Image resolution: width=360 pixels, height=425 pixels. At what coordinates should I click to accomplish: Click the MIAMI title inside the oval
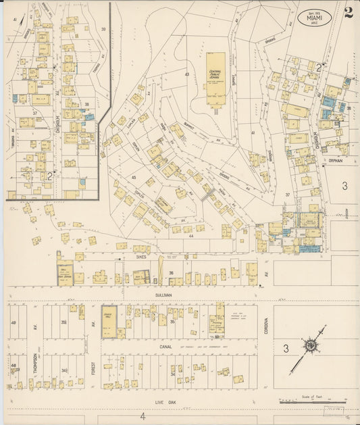[x=315, y=16]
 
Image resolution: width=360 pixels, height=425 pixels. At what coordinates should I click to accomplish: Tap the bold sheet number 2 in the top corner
[x=348, y=13]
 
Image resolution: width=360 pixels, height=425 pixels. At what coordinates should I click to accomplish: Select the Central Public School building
[x=216, y=79]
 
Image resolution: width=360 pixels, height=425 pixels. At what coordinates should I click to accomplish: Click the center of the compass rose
[x=311, y=345]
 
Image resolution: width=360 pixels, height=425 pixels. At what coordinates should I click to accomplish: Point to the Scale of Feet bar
[x=313, y=403]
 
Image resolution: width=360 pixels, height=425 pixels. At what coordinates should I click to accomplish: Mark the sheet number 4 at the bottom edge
[x=143, y=416]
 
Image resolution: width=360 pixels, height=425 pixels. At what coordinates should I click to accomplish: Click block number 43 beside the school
[x=186, y=74]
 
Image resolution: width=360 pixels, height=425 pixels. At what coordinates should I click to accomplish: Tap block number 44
[x=192, y=236]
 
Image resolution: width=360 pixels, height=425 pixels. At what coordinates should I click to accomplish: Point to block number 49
[x=13, y=323]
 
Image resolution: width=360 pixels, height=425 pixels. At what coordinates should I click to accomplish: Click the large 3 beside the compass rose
[x=286, y=349]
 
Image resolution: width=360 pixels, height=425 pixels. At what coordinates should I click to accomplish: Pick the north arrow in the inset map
[x=24, y=30]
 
